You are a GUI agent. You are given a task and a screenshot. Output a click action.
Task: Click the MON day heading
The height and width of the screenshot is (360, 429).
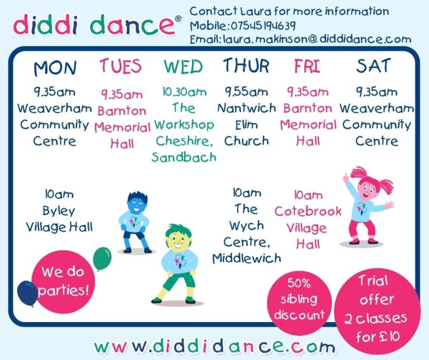[55, 68]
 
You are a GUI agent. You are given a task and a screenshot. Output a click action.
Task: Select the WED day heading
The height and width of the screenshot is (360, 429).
[183, 67]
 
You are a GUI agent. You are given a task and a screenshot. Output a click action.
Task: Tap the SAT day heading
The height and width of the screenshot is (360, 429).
[373, 66]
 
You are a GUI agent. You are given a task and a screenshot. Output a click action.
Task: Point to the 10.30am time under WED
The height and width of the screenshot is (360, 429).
[184, 92]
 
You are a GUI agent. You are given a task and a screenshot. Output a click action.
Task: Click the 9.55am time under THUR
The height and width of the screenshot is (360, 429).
[246, 92]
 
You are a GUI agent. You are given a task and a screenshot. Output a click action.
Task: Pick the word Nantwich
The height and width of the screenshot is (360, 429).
[246, 108]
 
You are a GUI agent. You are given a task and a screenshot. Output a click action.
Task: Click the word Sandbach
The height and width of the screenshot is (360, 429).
[184, 157]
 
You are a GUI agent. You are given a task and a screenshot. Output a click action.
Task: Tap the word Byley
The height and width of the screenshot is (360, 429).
[59, 211]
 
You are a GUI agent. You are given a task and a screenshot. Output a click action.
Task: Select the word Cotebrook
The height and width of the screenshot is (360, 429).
[308, 211]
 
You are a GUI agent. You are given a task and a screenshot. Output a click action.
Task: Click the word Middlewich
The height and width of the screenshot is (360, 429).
[247, 258]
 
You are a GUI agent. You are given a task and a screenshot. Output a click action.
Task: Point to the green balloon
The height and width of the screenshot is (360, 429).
[102, 258]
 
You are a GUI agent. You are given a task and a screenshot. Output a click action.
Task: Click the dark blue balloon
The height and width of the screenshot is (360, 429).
[27, 293]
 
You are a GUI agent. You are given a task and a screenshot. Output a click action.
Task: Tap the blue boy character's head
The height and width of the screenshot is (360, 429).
[137, 202]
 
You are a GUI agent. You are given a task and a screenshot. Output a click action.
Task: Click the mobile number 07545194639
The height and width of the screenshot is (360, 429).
[263, 26]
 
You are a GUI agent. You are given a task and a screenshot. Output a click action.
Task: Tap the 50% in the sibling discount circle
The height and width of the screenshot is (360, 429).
[299, 283]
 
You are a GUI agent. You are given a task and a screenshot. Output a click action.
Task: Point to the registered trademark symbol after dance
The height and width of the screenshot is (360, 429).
[178, 18]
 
